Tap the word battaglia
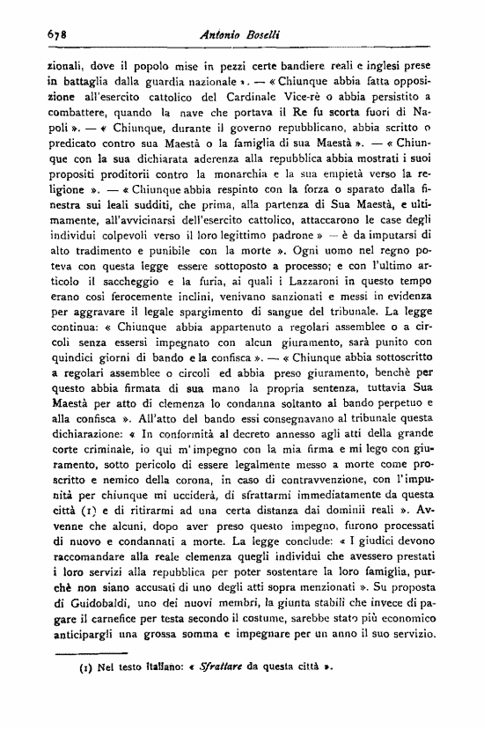77,79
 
